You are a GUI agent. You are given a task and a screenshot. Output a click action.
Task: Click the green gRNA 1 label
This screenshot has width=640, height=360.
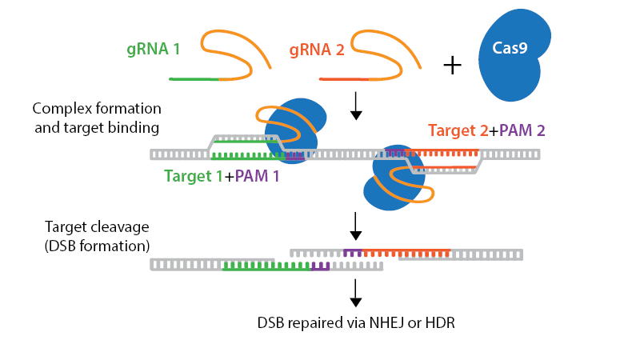(153, 50)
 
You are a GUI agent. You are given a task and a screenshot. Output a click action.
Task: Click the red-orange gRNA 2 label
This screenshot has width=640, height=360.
(316, 50)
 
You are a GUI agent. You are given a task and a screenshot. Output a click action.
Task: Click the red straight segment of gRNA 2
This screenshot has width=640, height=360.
(343, 79)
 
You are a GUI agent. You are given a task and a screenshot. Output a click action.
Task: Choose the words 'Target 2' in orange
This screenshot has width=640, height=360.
(458, 130)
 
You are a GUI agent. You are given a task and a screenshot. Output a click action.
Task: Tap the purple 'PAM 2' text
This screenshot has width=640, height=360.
(522, 130)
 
